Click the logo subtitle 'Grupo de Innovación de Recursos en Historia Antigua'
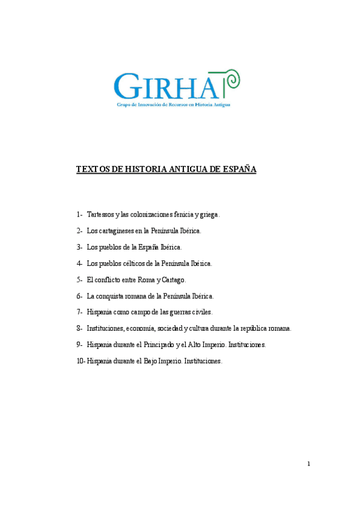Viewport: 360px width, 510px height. [173, 104]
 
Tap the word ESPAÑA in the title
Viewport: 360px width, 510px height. [239, 170]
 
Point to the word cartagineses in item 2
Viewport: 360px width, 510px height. [119, 230]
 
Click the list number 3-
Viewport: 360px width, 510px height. [79, 247]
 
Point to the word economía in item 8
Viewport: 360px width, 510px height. [142, 328]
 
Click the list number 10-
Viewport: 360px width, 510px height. [81, 361]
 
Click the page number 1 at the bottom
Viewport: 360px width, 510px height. [308, 464]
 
